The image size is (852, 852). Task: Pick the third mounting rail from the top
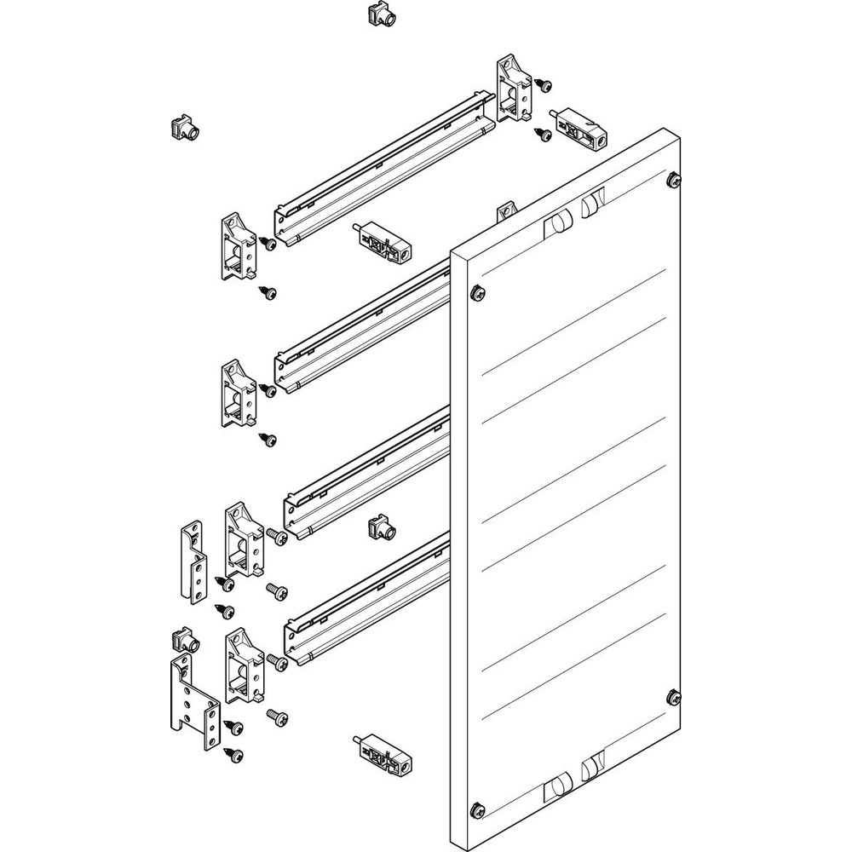click(x=366, y=474)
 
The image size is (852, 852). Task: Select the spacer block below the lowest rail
click(x=381, y=753)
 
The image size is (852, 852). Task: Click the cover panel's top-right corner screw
click(x=674, y=179)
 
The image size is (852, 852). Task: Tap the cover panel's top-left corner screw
click(x=478, y=293)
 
